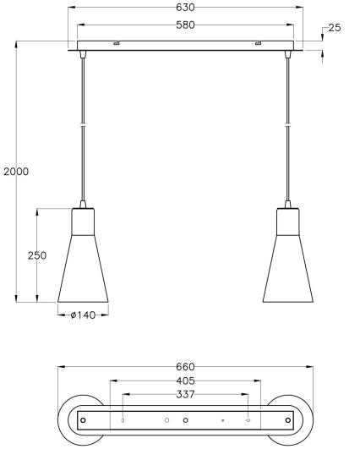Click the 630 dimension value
click(x=185, y=8)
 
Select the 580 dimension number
click(x=185, y=25)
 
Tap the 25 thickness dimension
click(x=335, y=28)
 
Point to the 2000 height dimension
click(x=16, y=172)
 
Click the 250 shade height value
click(x=37, y=255)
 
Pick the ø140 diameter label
click(x=83, y=315)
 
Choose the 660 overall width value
click(x=185, y=367)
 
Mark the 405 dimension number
click(x=185, y=381)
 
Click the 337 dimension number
click(x=185, y=395)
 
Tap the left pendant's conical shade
click(x=83, y=269)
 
